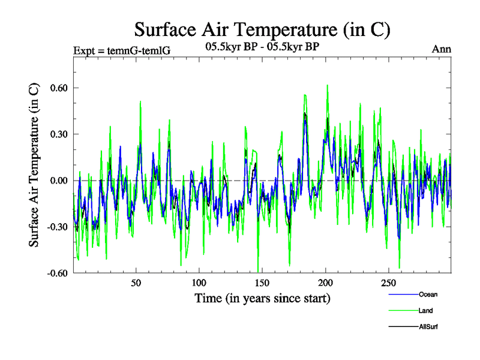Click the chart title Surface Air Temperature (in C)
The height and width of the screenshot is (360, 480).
(262, 29)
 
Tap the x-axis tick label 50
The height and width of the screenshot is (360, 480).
(136, 283)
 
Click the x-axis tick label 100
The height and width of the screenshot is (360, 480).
(199, 283)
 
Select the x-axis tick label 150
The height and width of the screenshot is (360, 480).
(262, 283)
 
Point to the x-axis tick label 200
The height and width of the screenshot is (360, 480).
(325, 283)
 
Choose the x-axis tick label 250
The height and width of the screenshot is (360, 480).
(389, 283)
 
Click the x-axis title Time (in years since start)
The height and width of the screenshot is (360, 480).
(262, 298)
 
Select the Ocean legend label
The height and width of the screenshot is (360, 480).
(428, 295)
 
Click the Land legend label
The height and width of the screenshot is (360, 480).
(426, 311)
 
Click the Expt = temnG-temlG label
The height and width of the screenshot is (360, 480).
(121, 50)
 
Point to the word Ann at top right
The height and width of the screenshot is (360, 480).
(442, 50)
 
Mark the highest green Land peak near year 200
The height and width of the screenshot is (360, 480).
(327, 85)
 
